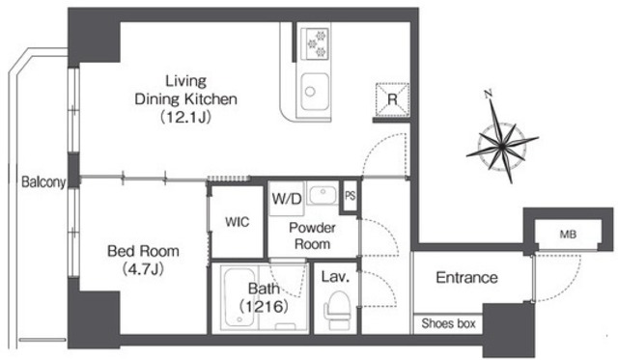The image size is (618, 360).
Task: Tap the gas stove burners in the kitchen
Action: coord(315,43)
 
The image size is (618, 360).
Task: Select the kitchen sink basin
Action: coord(315,92)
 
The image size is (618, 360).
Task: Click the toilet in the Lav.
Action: coord(337,310)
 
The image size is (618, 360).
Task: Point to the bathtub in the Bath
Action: coord(239,296)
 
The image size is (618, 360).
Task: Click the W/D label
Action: coord(287,199)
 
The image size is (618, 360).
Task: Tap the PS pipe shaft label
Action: coord(350,196)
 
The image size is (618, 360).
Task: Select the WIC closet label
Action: coord(238,222)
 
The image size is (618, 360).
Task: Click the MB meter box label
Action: coord(568,235)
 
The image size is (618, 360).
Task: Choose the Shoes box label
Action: coord(448,323)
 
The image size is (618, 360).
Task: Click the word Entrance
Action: coord(466,278)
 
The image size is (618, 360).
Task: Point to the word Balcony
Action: coord(43,182)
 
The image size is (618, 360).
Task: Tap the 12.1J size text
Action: coord(185,117)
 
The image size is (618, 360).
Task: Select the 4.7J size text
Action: coord(143,269)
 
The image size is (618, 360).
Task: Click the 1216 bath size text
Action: coord(264,306)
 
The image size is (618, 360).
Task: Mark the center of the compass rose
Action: coord(502,147)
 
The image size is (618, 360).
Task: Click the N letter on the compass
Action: coord(489,94)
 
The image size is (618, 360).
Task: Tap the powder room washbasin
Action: coord(323,195)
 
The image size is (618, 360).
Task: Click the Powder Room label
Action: coord(312,235)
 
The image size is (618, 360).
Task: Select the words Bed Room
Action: coord(143,251)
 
